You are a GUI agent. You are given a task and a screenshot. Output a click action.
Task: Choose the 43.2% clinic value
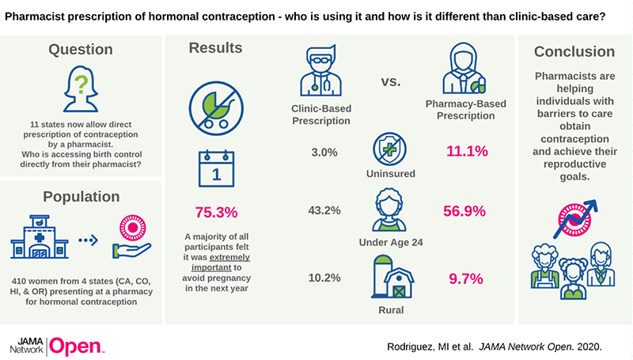click(x=324, y=211)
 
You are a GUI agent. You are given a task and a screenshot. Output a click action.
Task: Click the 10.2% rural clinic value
click(x=324, y=278)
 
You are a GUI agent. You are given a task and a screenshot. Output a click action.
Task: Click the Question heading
click(x=81, y=50)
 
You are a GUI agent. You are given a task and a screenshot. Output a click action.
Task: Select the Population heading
click(x=81, y=196)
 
